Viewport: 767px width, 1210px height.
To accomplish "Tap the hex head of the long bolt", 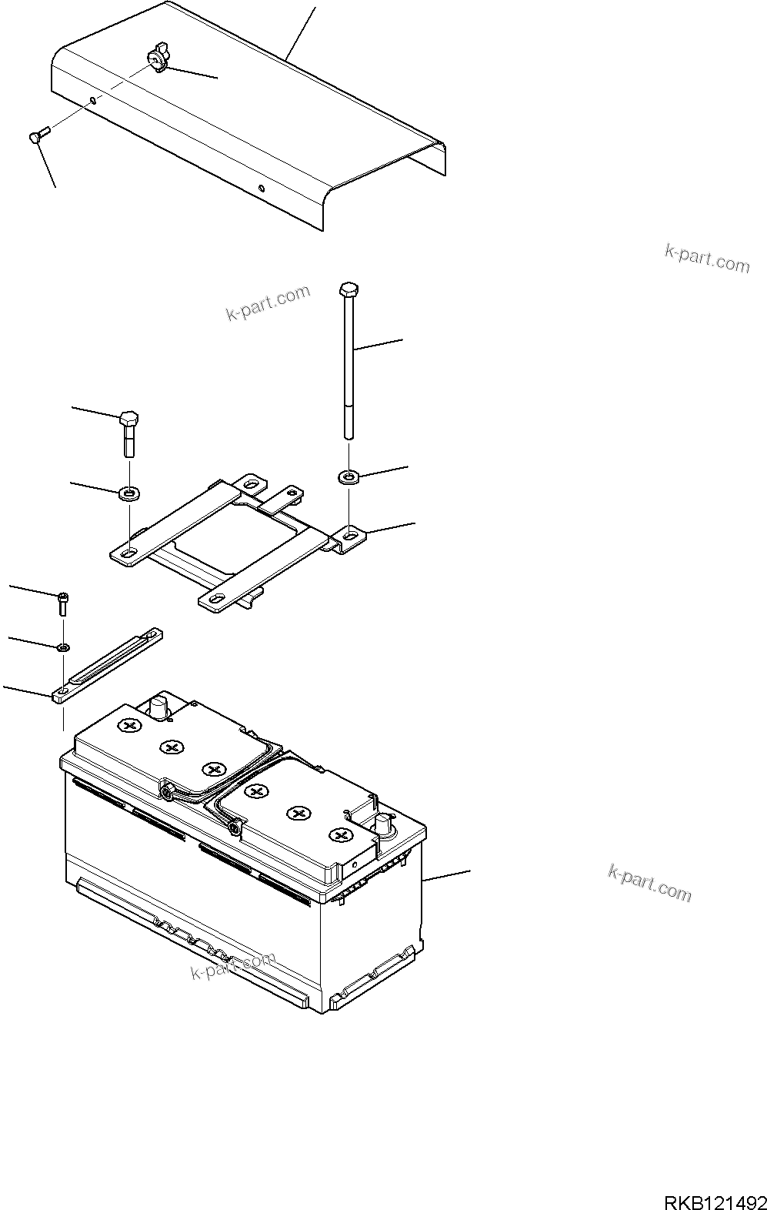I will pyautogui.click(x=348, y=289).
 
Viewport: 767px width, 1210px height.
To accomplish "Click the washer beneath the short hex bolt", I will pyautogui.click(x=129, y=491).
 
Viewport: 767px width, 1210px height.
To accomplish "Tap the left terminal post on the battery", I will pyautogui.click(x=159, y=706).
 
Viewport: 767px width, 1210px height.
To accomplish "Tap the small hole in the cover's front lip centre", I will pyautogui.click(x=262, y=189).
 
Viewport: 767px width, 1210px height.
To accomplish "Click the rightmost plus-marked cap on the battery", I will pyautogui.click(x=338, y=835).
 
